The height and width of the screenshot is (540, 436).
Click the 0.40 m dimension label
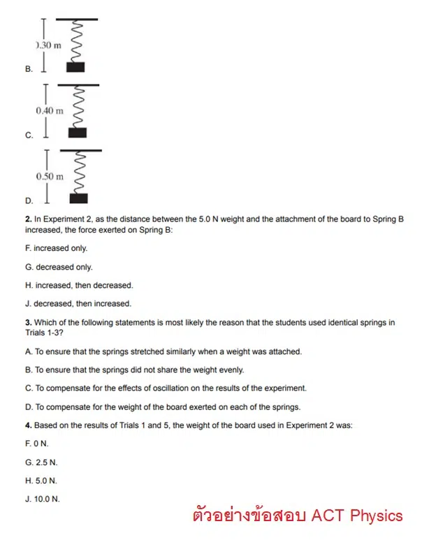click(x=50, y=110)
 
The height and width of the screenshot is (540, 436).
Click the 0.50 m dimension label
click(x=50, y=176)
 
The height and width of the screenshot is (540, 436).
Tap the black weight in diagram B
click(x=75, y=67)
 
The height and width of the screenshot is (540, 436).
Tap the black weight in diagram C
click(x=78, y=132)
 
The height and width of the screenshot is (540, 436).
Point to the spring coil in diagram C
click(x=78, y=106)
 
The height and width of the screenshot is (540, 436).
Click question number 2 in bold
click(x=28, y=219)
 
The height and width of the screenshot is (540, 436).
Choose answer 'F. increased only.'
click(x=56, y=248)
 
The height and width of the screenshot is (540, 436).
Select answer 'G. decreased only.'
click(x=59, y=267)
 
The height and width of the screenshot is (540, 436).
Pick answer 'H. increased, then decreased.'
click(x=78, y=285)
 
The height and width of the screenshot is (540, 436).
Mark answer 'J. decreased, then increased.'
click(x=78, y=303)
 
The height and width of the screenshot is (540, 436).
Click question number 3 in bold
click(x=28, y=323)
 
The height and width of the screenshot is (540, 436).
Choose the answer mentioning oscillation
click(x=166, y=388)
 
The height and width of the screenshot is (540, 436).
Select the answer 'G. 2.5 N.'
click(x=41, y=462)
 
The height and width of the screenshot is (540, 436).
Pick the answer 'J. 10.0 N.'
click(x=43, y=499)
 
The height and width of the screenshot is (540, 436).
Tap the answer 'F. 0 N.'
click(x=37, y=444)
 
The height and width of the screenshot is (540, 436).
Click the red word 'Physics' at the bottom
click(x=375, y=516)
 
